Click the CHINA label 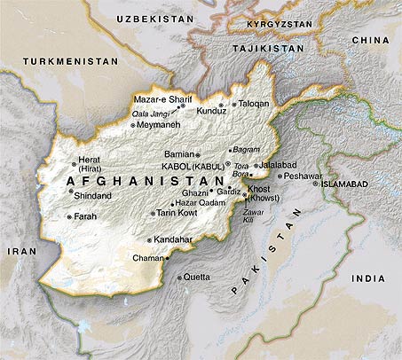[370, 40]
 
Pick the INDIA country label [368, 278]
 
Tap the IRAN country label [17, 251]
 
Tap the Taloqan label [254, 104]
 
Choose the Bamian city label [179, 154]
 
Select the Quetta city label [198, 277]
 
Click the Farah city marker [69, 216]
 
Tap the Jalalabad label [277, 165]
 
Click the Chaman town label [146, 258]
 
